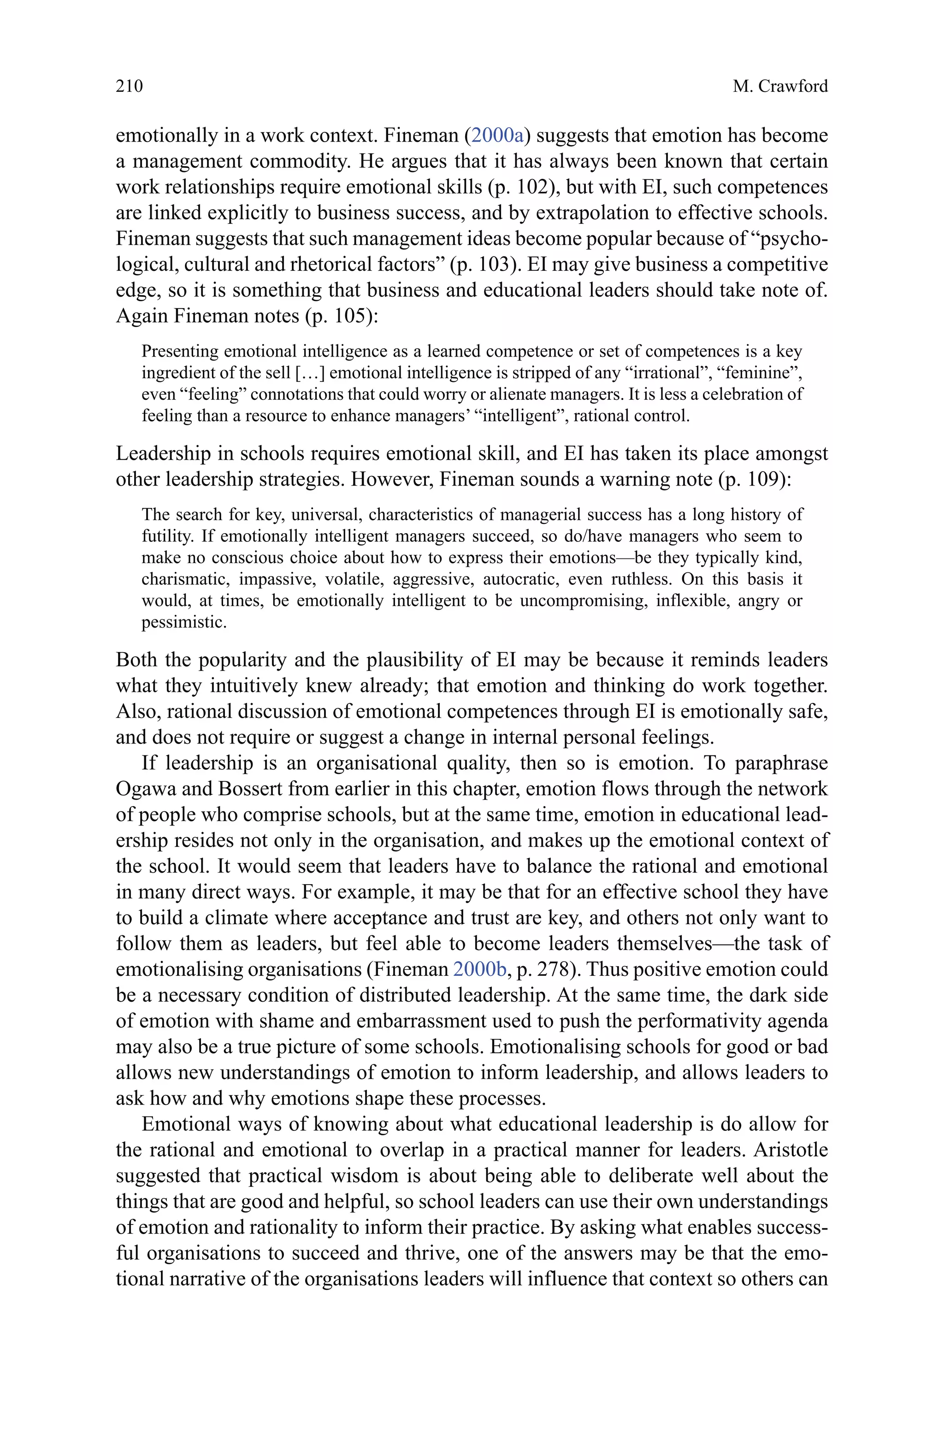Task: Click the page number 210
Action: pyautogui.click(x=130, y=87)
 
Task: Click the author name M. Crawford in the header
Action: pyautogui.click(x=780, y=87)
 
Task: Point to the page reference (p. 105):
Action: pyautogui.click(x=342, y=316)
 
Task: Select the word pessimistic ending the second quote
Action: pyautogui.click(x=183, y=623)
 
